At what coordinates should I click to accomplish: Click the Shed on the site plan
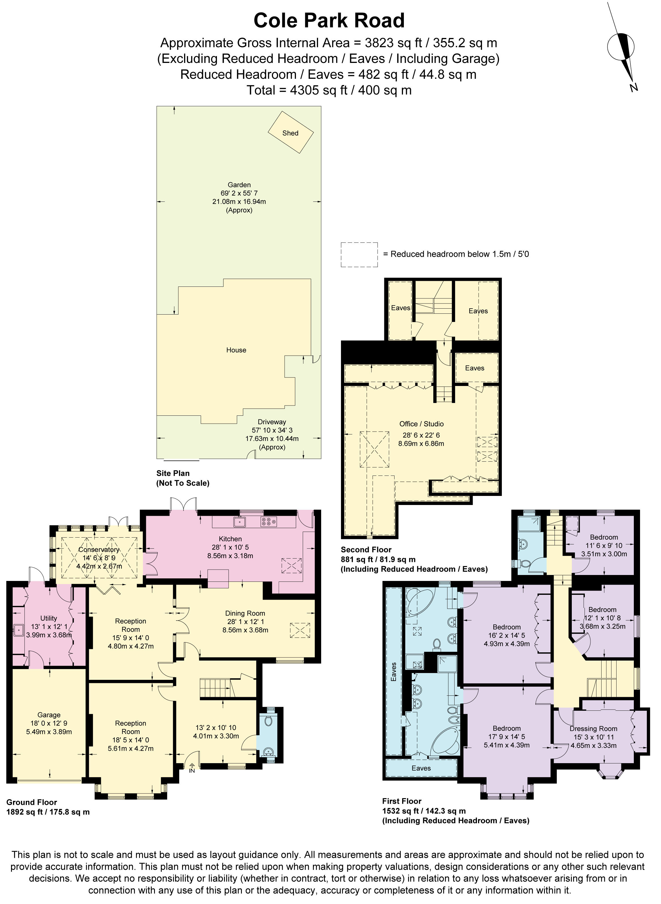click(x=291, y=133)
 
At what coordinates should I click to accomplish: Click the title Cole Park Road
click(x=329, y=21)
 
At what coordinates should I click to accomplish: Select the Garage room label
click(x=49, y=715)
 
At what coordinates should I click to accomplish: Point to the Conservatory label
click(x=99, y=550)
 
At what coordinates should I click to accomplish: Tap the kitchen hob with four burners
click(x=268, y=521)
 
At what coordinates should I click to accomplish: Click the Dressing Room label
click(x=593, y=729)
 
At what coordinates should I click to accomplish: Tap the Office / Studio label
click(x=421, y=424)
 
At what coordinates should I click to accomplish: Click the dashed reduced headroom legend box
click(x=359, y=255)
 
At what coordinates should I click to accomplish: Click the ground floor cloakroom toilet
click(x=268, y=721)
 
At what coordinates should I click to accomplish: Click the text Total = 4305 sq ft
click(x=329, y=90)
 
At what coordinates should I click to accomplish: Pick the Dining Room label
click(x=245, y=613)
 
